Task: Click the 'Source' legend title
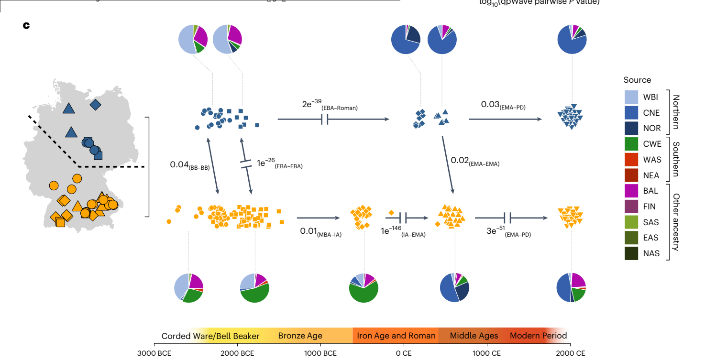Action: point(637,80)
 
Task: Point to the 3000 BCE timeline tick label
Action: point(154,354)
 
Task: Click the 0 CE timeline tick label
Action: point(404,354)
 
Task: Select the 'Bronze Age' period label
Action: point(300,336)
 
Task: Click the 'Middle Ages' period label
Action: point(474,336)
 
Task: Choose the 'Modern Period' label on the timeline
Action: point(538,336)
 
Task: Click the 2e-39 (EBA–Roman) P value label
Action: point(330,105)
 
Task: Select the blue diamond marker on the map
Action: point(96,104)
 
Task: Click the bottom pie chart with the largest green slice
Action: point(364,288)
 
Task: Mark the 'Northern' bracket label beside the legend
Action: point(675,112)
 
